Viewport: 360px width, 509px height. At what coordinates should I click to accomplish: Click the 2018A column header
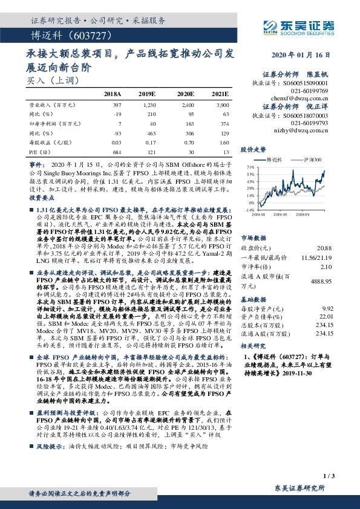pos(113,95)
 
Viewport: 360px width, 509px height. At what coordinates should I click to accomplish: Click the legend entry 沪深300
pos(312,160)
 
